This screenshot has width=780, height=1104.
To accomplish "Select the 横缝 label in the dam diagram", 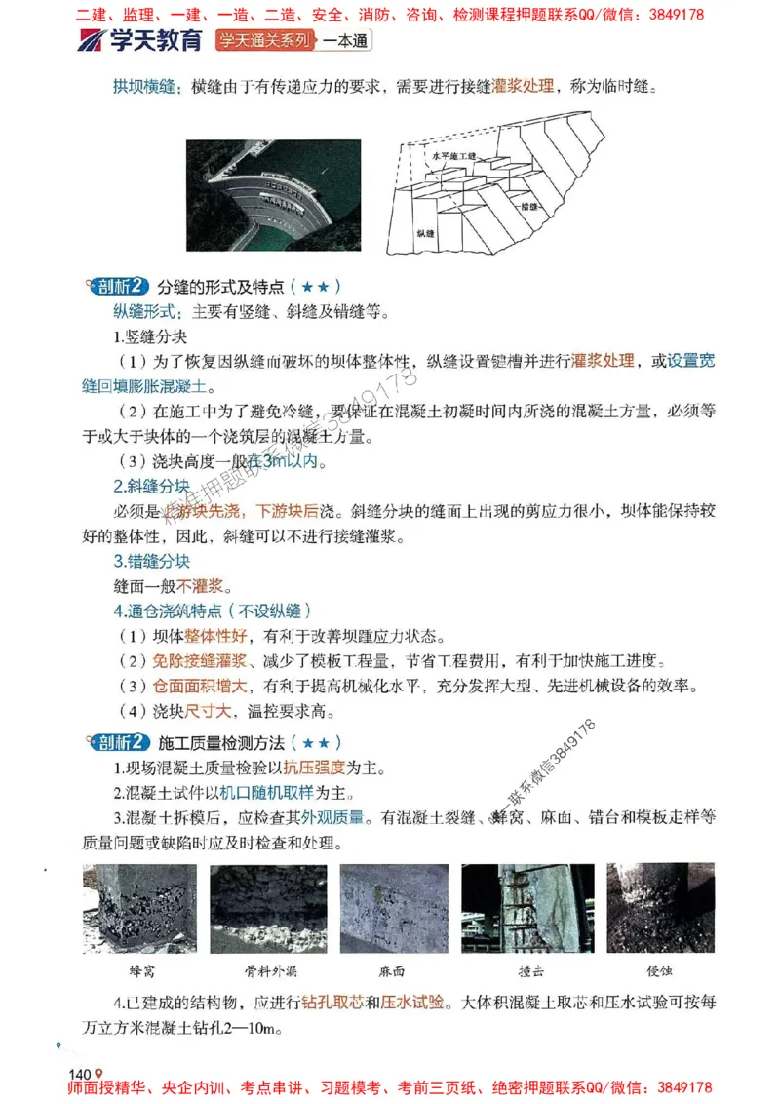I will (530, 207).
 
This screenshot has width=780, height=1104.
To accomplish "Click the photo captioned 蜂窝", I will (140, 908).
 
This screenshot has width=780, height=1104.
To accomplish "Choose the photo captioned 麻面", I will (393, 908).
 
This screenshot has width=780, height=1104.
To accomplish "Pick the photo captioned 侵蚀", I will (660, 908).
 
